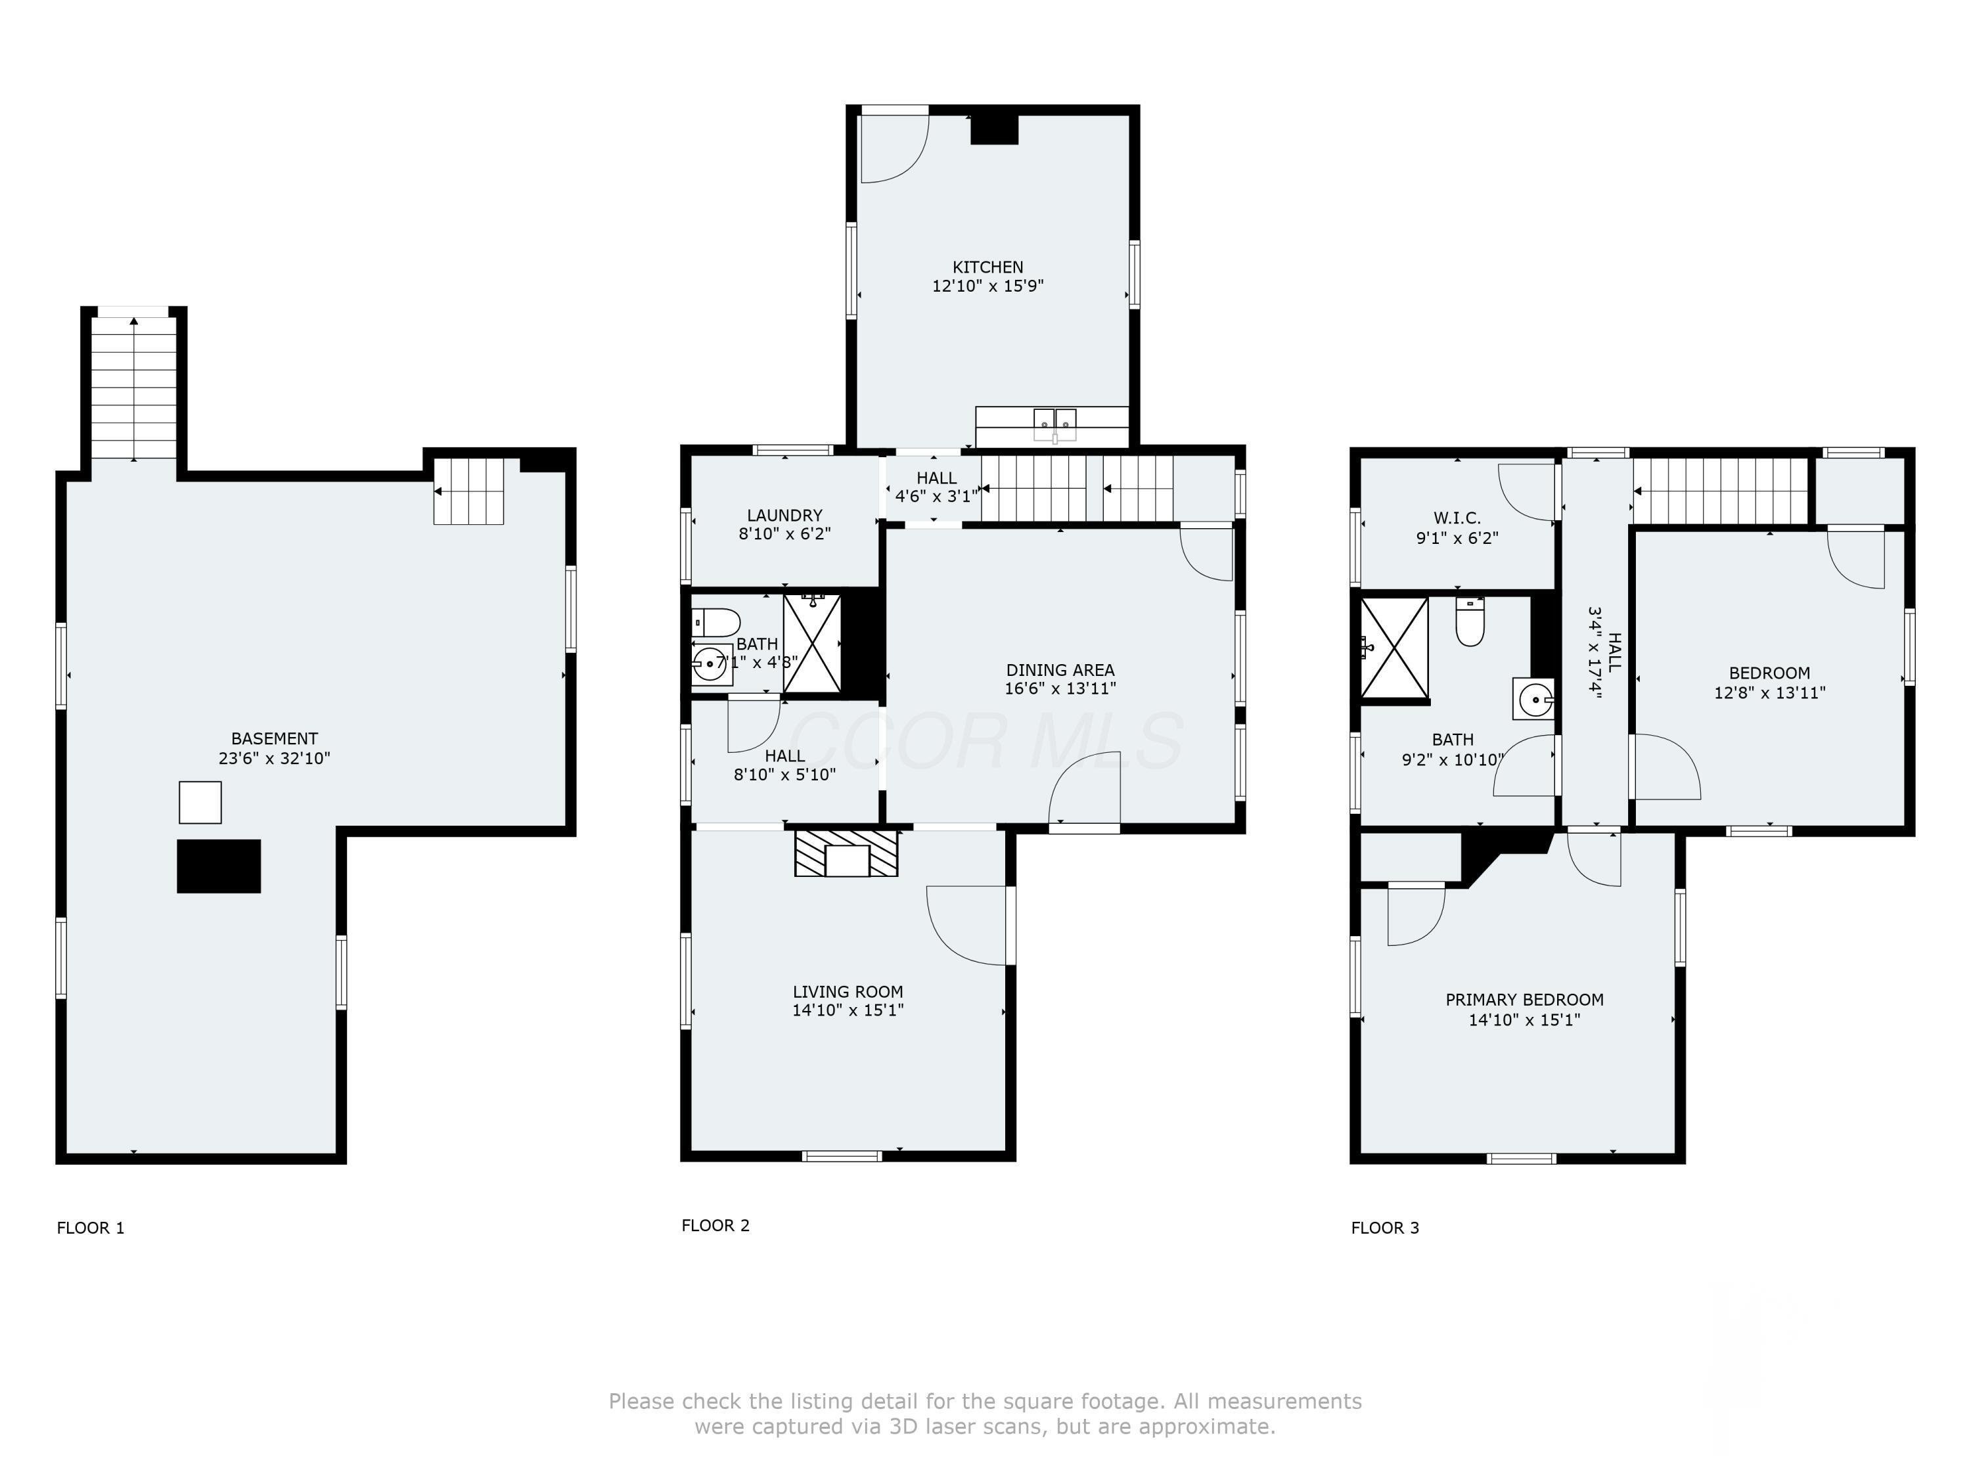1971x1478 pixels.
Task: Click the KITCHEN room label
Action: (x=987, y=267)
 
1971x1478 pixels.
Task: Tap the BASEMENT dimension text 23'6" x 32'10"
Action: (x=275, y=758)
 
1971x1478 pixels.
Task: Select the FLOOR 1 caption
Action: (x=91, y=1228)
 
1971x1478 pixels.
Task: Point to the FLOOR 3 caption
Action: (x=1385, y=1228)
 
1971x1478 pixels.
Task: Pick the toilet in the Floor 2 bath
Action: (x=716, y=621)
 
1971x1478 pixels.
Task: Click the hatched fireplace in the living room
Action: (x=846, y=853)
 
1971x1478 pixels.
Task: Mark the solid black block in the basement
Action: (x=219, y=866)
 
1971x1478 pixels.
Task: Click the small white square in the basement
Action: (x=200, y=803)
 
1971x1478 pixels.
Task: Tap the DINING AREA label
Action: (x=1060, y=670)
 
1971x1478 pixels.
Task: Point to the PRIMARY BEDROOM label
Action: (x=1525, y=1000)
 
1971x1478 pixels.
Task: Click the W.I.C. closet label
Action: (x=1457, y=518)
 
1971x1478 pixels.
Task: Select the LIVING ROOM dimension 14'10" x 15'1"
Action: (x=848, y=1010)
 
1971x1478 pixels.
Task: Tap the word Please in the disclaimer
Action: (x=641, y=1401)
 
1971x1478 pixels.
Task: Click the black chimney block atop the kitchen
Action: (x=993, y=129)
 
